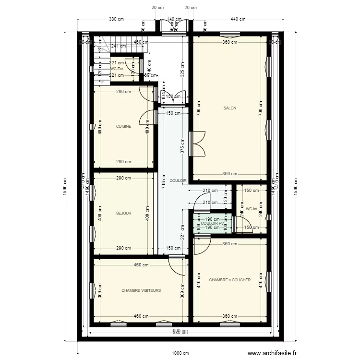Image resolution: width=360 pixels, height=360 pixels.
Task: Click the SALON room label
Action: (230, 108)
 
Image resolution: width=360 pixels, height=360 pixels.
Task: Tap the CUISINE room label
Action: (123, 127)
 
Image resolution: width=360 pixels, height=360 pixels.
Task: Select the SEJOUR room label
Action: (123, 213)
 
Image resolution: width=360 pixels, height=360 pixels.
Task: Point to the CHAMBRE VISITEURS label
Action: (141, 290)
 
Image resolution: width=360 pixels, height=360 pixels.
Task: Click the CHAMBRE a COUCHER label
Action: (230, 280)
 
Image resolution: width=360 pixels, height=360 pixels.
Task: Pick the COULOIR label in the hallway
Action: (178, 181)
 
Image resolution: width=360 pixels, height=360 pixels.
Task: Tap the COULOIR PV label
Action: (212, 224)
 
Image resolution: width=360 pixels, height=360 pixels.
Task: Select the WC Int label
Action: (252, 209)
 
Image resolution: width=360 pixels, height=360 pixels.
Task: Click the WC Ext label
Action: (117, 69)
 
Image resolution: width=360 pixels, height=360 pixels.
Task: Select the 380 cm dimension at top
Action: (117, 20)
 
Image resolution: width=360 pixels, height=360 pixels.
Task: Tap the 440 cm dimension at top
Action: (238, 20)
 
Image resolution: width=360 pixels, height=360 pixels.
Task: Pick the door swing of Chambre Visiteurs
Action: (178, 265)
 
